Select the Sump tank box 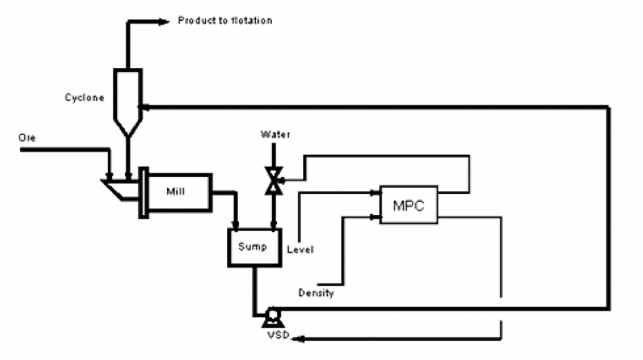(252, 247)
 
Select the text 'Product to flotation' (225, 21)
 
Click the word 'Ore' (27, 138)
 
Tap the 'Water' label (276, 134)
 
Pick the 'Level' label (300, 249)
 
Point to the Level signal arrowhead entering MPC (376, 194)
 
